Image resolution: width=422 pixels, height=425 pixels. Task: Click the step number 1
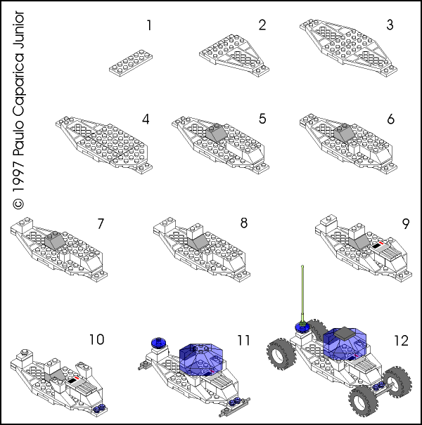point(148,26)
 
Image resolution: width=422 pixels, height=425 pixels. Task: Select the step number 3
point(389,26)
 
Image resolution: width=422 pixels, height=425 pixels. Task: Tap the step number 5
point(262,118)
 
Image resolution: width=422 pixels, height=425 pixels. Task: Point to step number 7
point(101,224)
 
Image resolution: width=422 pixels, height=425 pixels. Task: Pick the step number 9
point(405,224)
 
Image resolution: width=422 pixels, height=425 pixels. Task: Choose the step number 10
point(96,340)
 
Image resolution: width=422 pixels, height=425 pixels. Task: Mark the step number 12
point(401,340)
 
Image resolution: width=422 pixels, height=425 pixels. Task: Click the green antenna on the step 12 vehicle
point(301,295)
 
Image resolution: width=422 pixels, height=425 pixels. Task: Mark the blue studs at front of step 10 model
point(100,407)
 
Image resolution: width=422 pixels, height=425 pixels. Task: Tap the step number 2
point(262,26)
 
